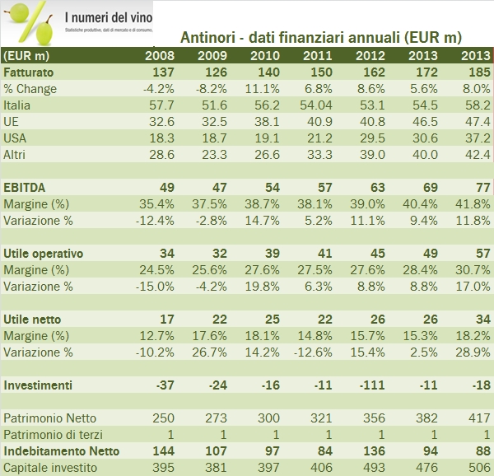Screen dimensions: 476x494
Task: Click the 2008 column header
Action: coord(159,56)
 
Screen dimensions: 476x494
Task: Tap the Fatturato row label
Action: coord(29,72)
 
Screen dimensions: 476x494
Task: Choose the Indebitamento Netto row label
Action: coord(61,450)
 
